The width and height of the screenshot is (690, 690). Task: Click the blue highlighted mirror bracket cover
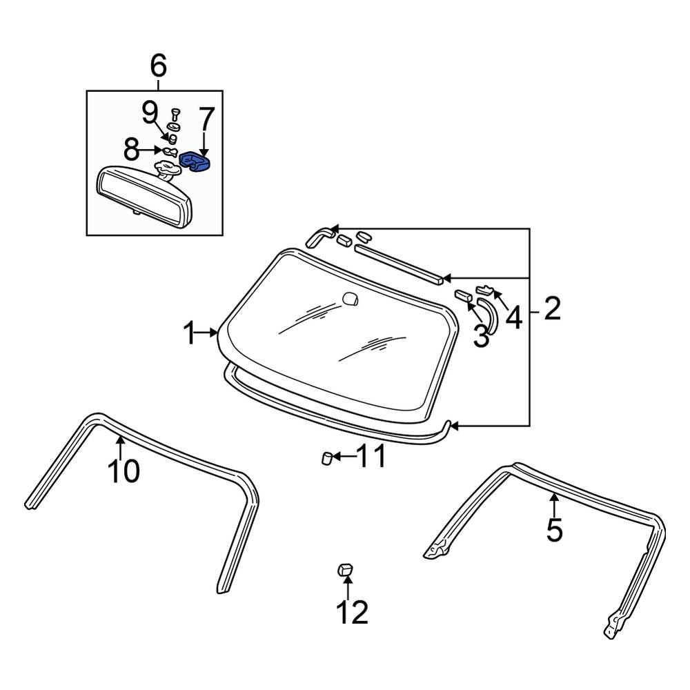click(195, 163)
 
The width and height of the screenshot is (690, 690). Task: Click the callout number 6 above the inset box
click(158, 67)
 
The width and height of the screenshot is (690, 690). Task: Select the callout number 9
click(150, 112)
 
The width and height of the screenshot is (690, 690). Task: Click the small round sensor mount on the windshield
click(351, 299)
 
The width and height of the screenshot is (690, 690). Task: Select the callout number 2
click(552, 310)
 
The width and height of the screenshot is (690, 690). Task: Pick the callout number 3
click(480, 337)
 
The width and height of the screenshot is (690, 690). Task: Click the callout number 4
click(513, 318)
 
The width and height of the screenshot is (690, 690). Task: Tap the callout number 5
click(554, 531)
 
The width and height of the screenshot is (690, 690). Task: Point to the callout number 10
click(124, 471)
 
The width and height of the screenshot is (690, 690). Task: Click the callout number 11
click(370, 456)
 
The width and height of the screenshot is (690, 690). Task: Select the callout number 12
click(352, 611)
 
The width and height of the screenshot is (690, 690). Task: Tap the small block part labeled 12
click(345, 569)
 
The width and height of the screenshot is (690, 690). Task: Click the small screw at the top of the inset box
click(174, 111)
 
